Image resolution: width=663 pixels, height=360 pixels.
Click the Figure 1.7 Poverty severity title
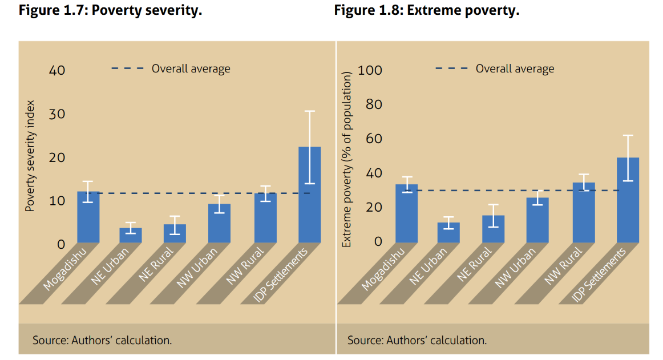(x=111, y=11)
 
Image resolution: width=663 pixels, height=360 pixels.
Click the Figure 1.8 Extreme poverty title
(x=426, y=11)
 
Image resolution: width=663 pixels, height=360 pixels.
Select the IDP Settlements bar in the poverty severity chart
(x=309, y=195)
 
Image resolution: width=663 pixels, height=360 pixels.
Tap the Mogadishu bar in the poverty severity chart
(x=88, y=217)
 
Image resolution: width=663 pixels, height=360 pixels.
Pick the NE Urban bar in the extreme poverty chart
(x=448, y=232)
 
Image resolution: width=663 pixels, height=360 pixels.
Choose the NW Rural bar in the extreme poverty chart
(x=583, y=212)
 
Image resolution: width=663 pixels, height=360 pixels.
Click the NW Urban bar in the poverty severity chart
(x=219, y=223)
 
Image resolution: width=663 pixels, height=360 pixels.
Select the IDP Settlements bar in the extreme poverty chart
(x=628, y=200)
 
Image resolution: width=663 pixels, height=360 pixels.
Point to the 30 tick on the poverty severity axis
(x=56, y=114)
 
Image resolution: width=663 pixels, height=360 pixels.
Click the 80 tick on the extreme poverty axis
(x=373, y=104)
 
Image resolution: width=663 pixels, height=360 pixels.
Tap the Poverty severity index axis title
(x=31, y=157)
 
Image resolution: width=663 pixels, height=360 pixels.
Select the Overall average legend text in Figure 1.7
(x=191, y=69)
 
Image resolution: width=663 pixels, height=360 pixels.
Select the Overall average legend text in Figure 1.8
(x=515, y=69)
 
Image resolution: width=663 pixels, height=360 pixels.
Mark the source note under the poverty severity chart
(x=102, y=340)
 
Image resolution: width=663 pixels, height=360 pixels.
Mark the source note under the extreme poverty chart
(x=417, y=340)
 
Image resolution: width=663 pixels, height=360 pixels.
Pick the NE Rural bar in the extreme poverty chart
(x=494, y=229)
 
